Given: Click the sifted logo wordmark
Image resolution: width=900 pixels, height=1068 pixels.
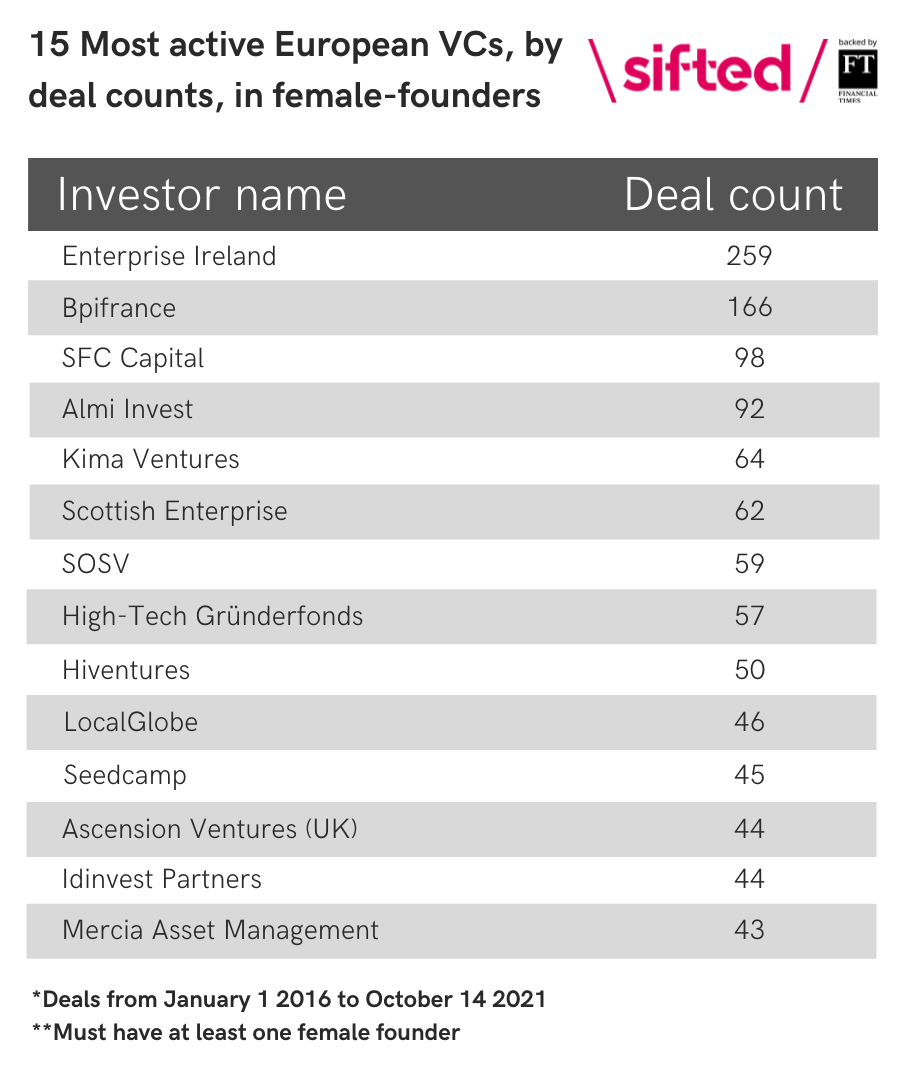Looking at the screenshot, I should point(707,69).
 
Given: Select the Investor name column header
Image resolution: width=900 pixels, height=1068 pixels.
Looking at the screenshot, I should point(202,194).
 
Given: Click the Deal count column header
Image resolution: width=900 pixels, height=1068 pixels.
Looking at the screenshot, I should point(734,194).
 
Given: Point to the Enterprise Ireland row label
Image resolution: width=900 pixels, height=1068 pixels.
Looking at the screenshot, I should point(169,256).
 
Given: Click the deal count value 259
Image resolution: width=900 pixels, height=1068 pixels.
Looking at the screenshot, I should point(749,256).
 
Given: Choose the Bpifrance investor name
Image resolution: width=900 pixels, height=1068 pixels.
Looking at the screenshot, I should point(119,308).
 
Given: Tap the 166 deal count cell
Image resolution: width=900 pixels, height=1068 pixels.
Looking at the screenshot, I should point(749,307).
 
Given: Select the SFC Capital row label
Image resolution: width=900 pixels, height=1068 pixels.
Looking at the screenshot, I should point(133,358).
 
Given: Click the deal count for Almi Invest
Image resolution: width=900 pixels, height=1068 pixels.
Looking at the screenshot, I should point(749,409).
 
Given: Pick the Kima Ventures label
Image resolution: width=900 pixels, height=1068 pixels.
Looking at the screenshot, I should point(151,460).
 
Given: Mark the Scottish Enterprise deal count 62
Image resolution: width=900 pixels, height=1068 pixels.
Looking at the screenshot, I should point(749,511).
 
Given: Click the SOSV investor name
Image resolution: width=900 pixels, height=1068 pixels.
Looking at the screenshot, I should point(96,564).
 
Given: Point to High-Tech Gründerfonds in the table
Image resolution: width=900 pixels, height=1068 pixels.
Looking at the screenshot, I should point(212,615).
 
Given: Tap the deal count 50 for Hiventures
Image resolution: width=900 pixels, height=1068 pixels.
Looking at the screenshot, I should point(749,669).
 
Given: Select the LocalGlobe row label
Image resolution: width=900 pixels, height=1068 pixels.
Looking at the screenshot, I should point(131,722).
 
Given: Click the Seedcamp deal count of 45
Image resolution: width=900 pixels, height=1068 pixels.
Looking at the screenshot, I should point(749,775).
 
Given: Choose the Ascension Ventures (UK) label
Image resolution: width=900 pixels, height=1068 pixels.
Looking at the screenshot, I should point(210,829).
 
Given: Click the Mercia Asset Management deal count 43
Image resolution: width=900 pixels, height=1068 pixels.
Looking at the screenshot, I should point(749,930).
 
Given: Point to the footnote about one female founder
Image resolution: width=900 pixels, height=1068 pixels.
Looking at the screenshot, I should point(246,1032).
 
